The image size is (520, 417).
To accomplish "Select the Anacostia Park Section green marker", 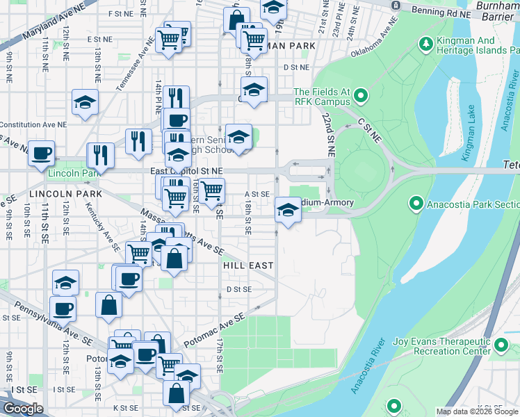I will (416, 204).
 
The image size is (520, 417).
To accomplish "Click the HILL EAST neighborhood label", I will (248, 265).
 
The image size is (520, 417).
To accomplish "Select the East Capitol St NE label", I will (186, 170).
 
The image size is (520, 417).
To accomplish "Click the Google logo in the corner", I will (23, 409).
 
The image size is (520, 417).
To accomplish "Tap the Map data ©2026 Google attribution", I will (477, 412).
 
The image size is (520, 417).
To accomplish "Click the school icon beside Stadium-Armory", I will (287, 209).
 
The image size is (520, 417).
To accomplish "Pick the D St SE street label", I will (238, 289).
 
